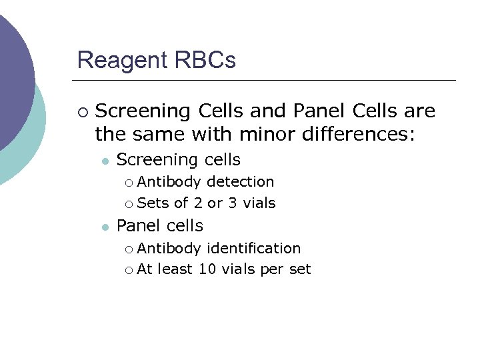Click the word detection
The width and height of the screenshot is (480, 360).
tap(241, 181)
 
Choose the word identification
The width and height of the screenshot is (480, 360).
tap(254, 248)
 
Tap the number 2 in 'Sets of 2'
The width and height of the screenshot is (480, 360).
tap(198, 203)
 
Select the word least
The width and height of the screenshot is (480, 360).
tap(175, 269)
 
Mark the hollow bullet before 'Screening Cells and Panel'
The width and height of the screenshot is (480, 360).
tap(82, 111)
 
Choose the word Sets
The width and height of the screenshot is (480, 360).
tap(153, 203)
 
